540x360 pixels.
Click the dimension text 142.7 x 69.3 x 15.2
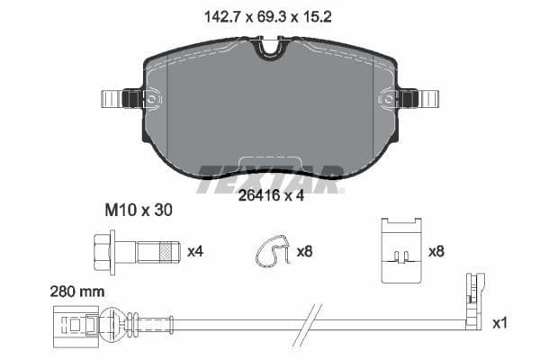coord(269,14)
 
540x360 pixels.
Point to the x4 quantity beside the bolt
coord(195,252)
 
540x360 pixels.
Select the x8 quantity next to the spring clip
coord(305,252)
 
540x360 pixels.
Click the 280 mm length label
coord(78,292)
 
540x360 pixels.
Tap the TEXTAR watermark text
coord(270,173)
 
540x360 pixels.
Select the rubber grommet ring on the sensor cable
coord(111,319)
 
